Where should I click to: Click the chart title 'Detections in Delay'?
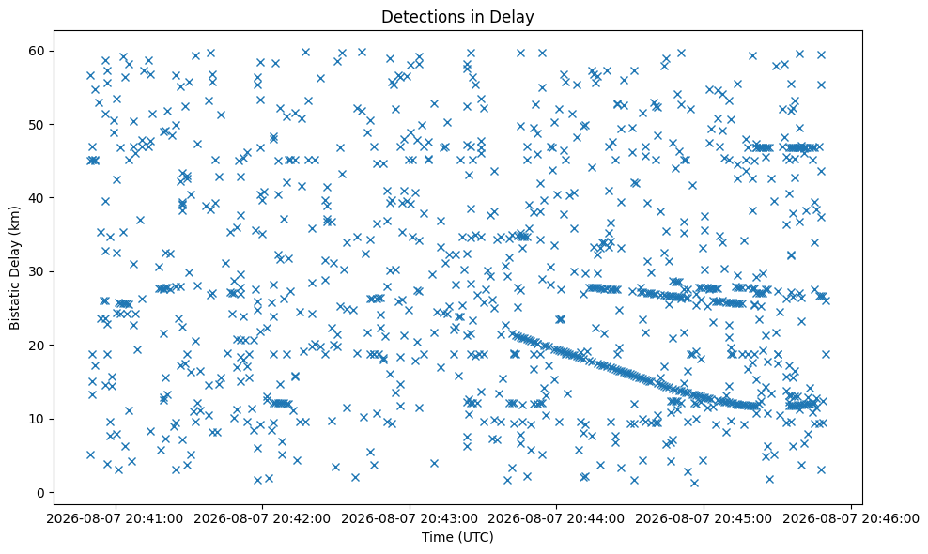(457, 17)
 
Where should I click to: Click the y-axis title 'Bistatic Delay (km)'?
(15, 268)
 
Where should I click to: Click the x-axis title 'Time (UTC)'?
(457, 537)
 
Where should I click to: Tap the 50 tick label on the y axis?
(38, 124)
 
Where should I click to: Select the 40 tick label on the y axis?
(38, 198)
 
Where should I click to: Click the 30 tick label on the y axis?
(38, 271)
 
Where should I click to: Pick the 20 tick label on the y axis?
(38, 345)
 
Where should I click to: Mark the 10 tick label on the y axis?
(38, 419)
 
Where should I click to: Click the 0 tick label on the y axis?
(41, 492)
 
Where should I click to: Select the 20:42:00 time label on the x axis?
(262, 518)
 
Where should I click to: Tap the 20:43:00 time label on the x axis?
(410, 518)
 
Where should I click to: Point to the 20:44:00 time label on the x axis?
(556, 518)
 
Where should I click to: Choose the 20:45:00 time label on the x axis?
(704, 518)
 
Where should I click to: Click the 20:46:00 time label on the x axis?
(851, 518)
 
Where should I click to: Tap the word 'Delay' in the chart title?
(514, 17)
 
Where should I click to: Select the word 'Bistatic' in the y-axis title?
(15, 307)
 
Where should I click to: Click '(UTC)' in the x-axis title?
(475, 537)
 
